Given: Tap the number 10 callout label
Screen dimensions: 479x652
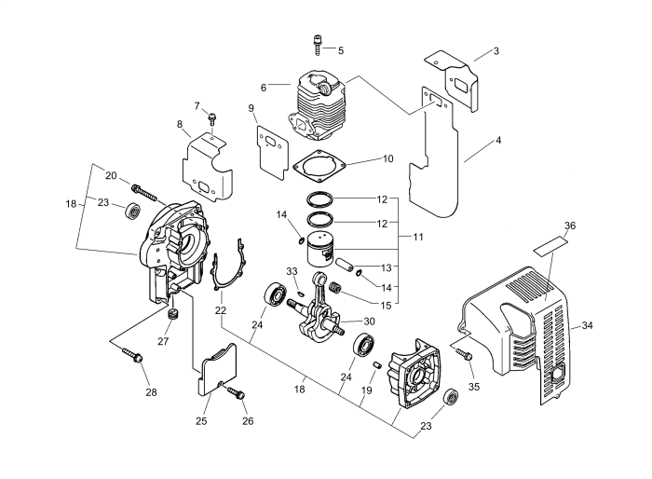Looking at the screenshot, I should click(362, 158).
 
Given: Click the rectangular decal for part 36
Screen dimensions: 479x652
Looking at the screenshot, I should click(550, 247).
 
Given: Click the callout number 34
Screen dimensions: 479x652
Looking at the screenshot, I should click(587, 325).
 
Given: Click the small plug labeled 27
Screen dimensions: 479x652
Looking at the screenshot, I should click(171, 319).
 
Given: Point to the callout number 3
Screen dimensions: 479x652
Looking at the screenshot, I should click(496, 50).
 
